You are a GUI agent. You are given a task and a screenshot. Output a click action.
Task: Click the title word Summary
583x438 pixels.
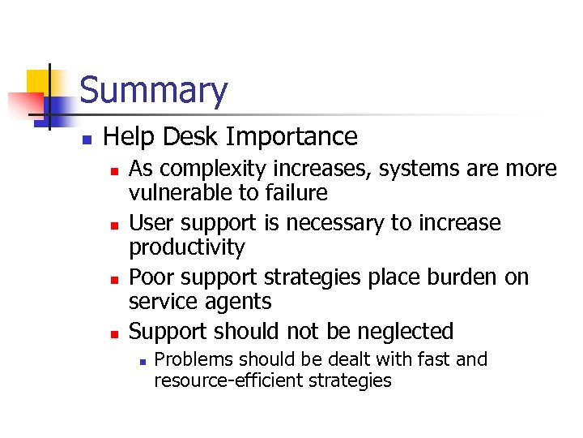(x=154, y=90)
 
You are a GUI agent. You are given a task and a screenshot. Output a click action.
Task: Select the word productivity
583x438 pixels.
(x=187, y=247)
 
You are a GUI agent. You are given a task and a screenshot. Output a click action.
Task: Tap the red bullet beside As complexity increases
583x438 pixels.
(x=115, y=171)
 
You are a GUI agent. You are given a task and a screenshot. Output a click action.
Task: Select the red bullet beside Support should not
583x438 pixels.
(x=115, y=333)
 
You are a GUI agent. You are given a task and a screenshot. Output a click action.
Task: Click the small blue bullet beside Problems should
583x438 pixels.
(x=141, y=361)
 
